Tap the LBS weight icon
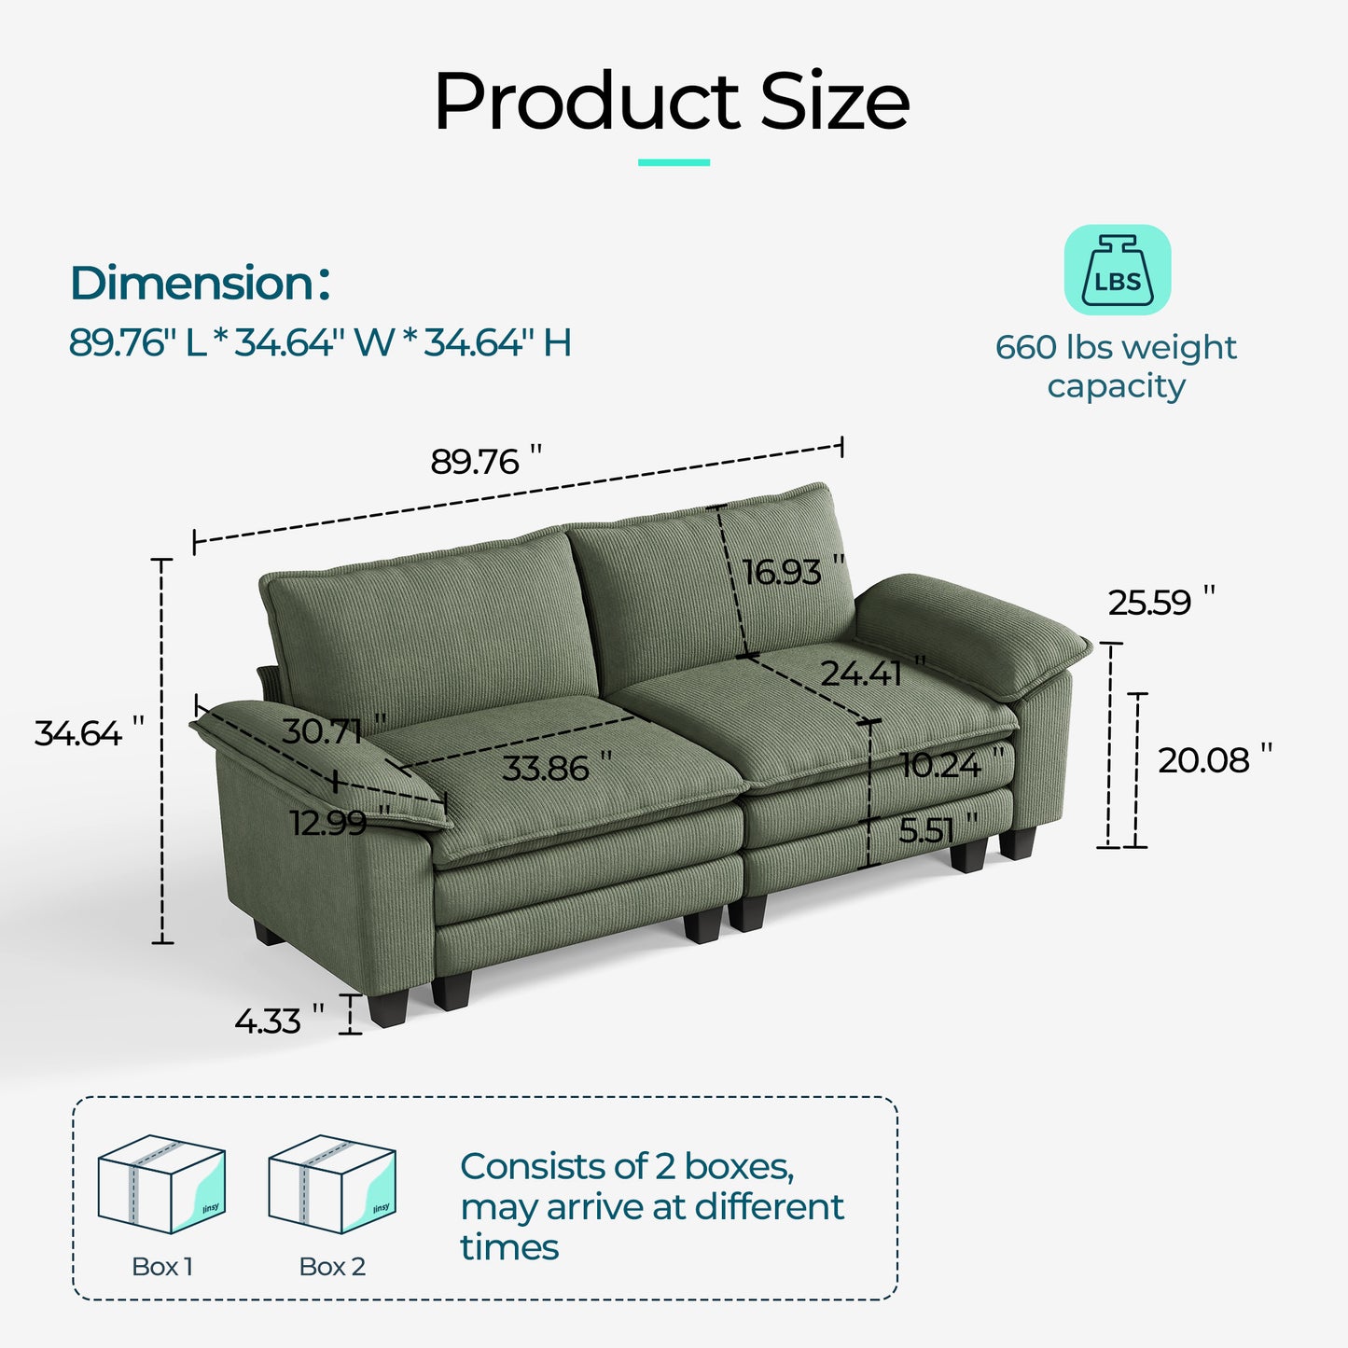tap(1117, 270)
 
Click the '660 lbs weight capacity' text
tap(1116, 366)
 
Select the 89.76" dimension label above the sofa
tap(485, 461)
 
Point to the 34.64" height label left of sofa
tap(89, 733)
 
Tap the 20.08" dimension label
tap(1214, 760)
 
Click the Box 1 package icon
tap(161, 1184)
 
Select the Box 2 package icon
tap(332, 1184)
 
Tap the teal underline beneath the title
tap(674, 162)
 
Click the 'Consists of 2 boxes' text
tap(627, 1166)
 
